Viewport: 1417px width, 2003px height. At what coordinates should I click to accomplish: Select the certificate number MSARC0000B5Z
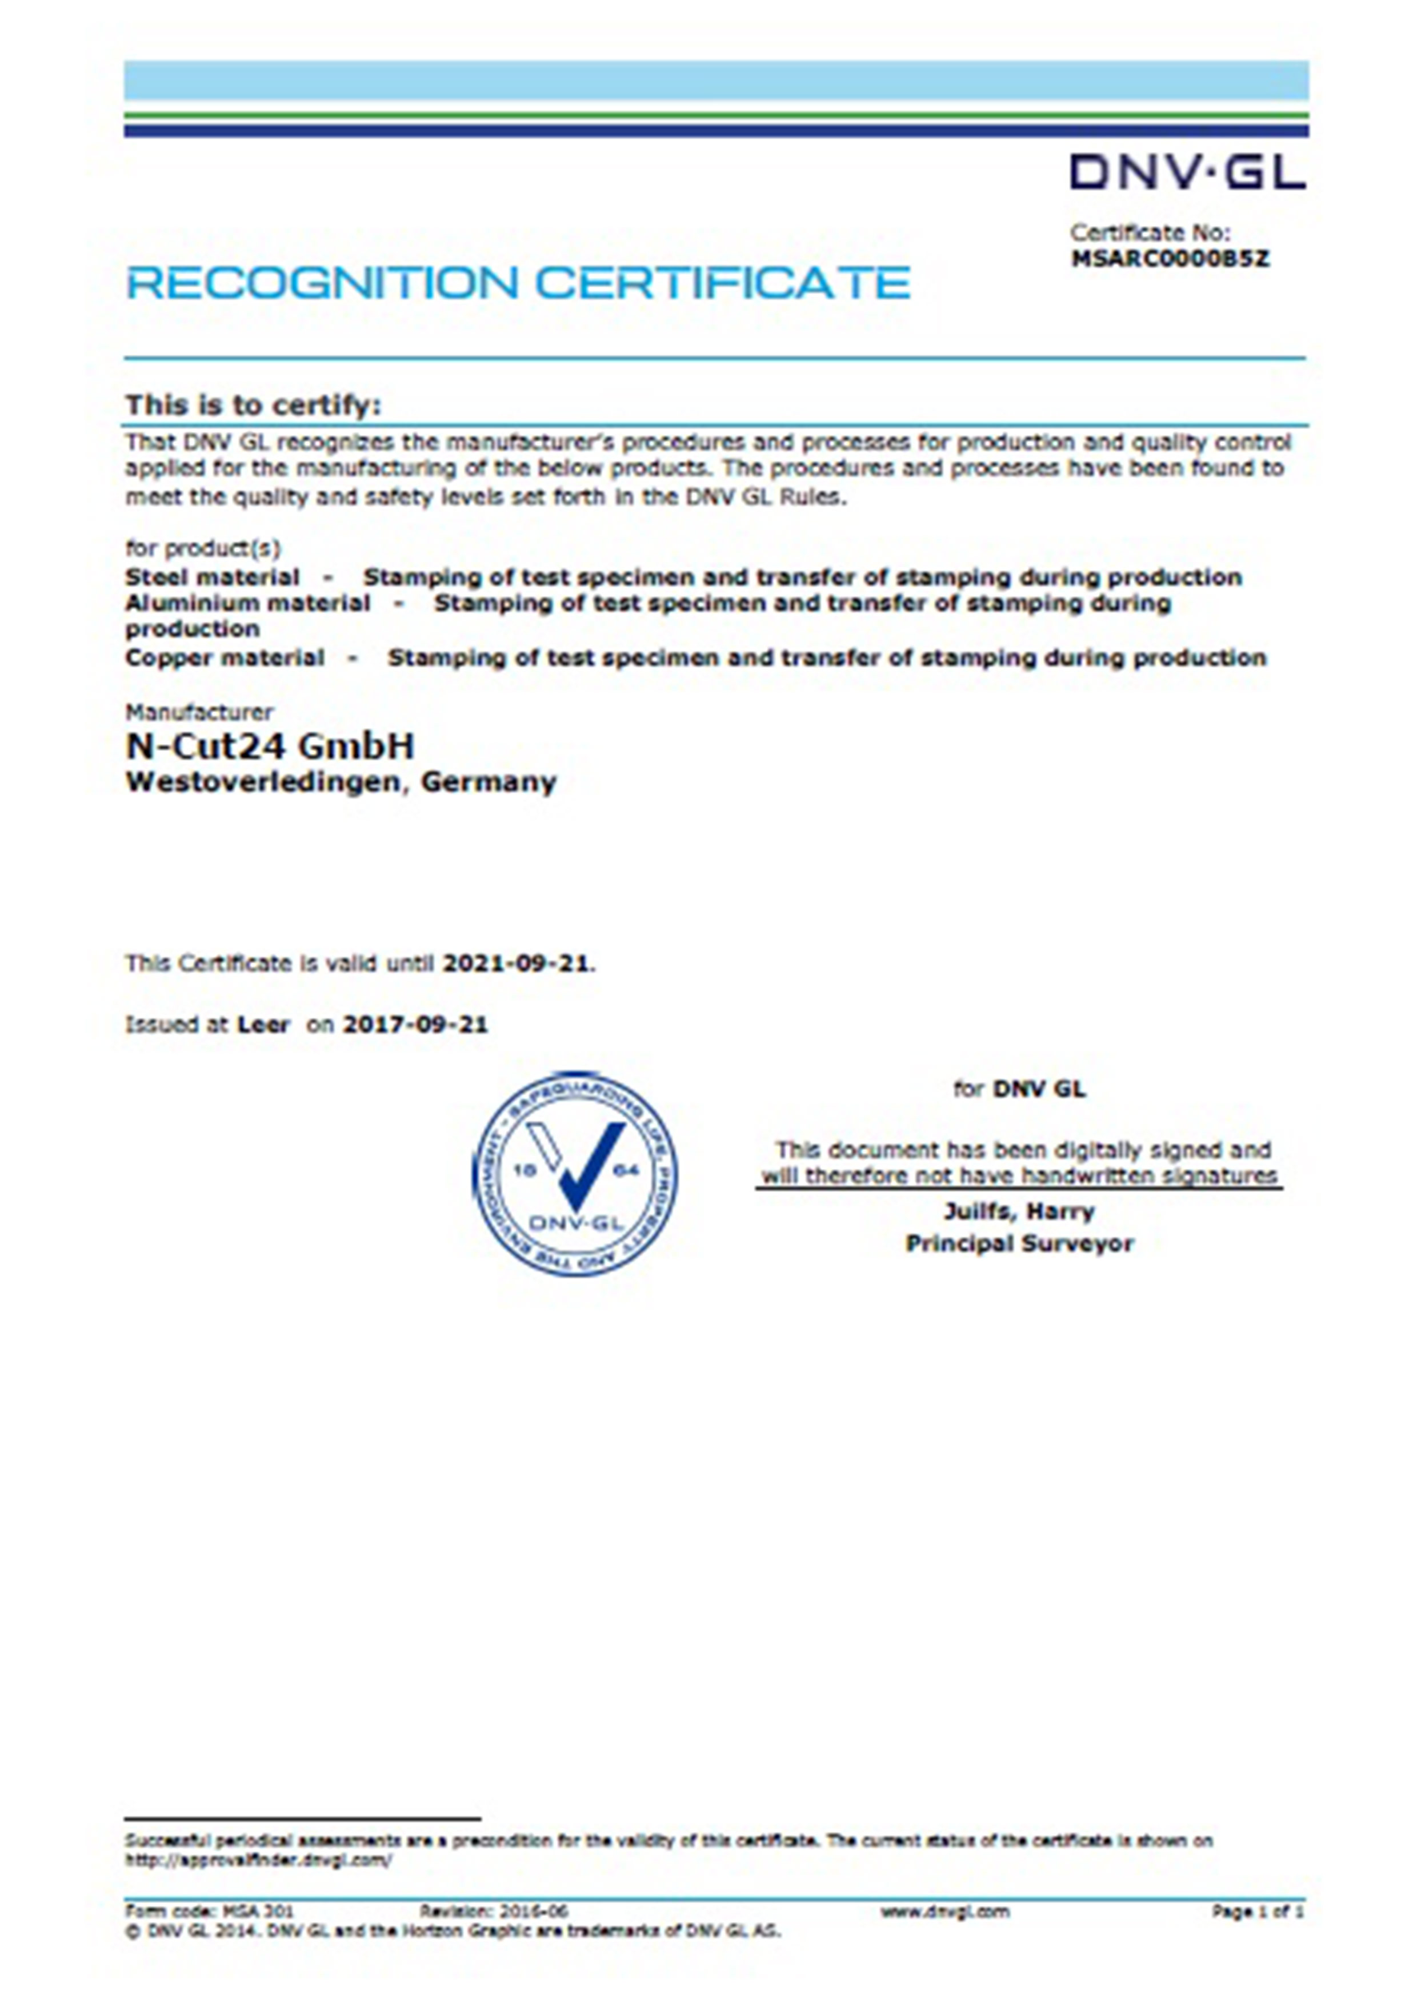(x=1170, y=259)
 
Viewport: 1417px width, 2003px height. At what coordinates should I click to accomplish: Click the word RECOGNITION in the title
(x=323, y=283)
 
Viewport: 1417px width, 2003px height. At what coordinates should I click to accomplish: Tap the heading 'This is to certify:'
(x=253, y=406)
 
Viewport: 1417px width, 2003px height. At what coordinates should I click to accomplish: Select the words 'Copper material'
(x=225, y=658)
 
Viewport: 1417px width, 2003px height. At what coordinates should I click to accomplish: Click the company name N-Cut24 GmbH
(x=270, y=746)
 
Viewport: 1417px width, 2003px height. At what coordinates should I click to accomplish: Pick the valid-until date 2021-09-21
(x=517, y=964)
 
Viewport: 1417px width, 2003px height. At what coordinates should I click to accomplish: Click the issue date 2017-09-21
(x=415, y=1025)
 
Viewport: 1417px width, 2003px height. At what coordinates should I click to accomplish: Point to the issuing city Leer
(x=263, y=1025)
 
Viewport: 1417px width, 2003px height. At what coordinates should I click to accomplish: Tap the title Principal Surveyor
(x=1019, y=1244)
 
